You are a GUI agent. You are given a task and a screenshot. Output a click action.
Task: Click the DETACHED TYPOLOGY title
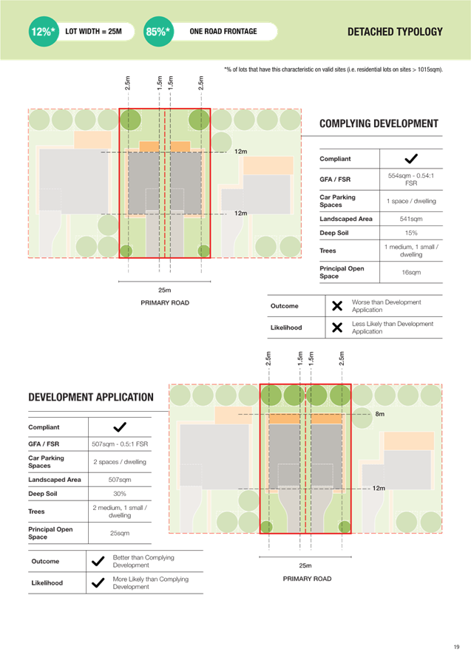(x=395, y=32)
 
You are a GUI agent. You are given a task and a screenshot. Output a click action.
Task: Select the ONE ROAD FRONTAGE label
(x=223, y=32)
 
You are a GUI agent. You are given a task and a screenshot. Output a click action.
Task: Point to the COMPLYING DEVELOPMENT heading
(x=379, y=123)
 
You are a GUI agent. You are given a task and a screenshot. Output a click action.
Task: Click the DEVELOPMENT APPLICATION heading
(x=91, y=397)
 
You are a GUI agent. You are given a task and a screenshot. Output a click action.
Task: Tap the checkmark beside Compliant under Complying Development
(x=411, y=159)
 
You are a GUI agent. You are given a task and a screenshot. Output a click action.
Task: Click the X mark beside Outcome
(x=336, y=306)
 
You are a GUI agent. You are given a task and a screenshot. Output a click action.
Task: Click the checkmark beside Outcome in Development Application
(x=97, y=561)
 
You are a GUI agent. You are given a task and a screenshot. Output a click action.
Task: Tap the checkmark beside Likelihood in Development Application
(x=97, y=582)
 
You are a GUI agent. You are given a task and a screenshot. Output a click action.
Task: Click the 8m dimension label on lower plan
(x=379, y=414)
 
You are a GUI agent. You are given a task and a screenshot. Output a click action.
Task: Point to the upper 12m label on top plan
(x=240, y=152)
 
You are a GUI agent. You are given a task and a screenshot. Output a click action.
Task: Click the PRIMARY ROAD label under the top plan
(x=165, y=303)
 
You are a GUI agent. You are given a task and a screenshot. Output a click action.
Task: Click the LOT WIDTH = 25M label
(x=93, y=32)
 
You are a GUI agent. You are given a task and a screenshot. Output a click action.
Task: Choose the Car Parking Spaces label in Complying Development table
(x=337, y=200)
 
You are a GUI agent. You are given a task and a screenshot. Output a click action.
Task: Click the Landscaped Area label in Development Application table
(x=51, y=479)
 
